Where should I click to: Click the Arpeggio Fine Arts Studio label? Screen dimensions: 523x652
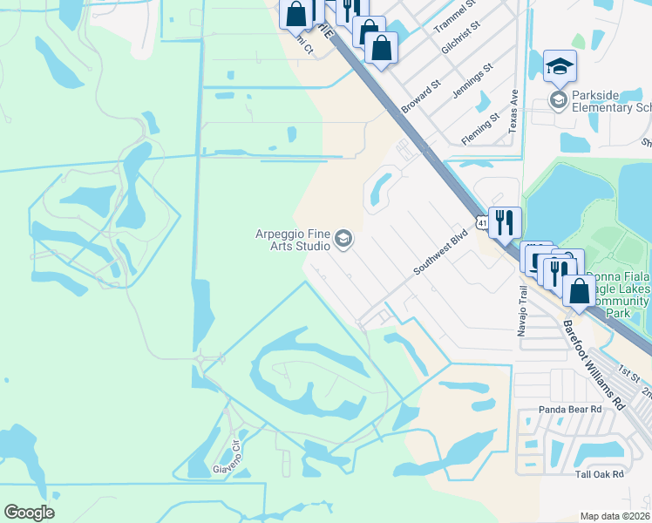click(293, 239)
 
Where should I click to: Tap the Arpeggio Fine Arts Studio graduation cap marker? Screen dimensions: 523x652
click(343, 239)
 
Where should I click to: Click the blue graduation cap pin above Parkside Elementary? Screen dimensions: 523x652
click(560, 66)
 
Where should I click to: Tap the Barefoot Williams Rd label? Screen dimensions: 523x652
click(595, 363)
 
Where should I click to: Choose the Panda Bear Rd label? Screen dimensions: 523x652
click(572, 408)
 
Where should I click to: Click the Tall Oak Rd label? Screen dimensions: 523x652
click(600, 474)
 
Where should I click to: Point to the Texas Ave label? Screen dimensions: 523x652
click(514, 110)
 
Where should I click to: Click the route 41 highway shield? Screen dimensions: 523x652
click(481, 224)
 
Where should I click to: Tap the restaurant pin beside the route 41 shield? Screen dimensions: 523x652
click(505, 223)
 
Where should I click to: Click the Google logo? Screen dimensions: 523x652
click(29, 513)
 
